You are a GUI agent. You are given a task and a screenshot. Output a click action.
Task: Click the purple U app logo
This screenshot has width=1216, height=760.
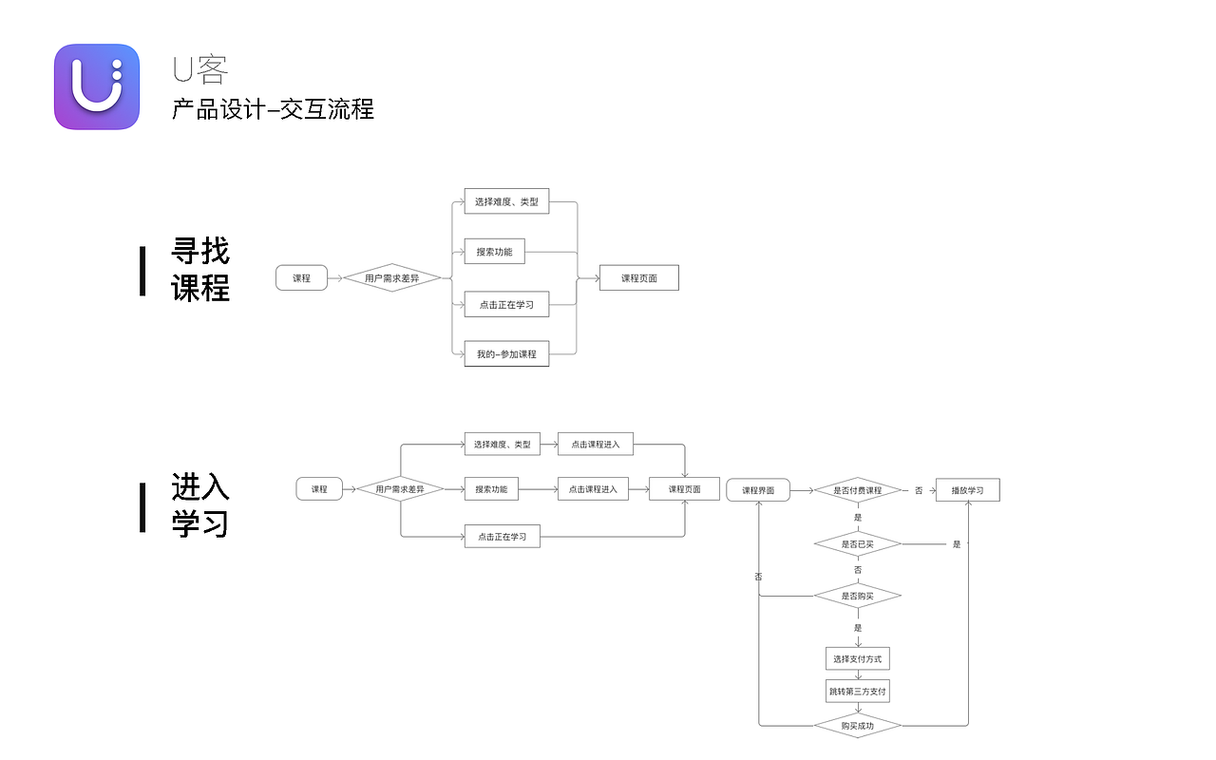tap(97, 86)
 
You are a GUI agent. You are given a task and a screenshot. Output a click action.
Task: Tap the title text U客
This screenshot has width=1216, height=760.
tap(199, 69)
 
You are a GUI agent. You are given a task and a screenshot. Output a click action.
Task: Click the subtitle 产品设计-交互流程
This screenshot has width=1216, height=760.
tap(273, 109)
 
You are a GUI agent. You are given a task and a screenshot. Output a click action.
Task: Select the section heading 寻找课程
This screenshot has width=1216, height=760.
tap(200, 270)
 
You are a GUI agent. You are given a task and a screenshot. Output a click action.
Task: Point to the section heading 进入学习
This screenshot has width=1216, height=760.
tap(200, 505)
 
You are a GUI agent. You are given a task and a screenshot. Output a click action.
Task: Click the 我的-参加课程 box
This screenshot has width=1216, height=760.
tap(506, 353)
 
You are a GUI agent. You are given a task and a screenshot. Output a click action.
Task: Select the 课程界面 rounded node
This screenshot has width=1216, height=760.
tap(758, 490)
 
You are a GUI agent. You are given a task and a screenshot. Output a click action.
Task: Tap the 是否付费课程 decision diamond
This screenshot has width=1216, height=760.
tap(857, 490)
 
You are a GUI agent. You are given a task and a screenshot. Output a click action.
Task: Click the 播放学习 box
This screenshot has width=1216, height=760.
tap(967, 490)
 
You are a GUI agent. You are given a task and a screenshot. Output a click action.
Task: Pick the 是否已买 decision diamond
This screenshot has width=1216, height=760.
tap(857, 544)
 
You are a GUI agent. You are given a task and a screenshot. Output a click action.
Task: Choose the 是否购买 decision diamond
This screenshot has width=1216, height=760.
tap(857, 596)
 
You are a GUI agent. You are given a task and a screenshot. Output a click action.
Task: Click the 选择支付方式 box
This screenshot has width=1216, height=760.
tap(857, 658)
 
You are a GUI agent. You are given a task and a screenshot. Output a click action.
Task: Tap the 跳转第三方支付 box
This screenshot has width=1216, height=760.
tap(857, 692)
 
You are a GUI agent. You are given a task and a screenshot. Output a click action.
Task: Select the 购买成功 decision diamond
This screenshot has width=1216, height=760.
tap(857, 726)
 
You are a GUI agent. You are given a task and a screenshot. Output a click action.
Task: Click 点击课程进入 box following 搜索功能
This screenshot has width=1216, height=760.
tap(593, 489)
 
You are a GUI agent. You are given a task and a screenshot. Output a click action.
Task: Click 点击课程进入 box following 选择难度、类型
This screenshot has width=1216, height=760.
tap(595, 444)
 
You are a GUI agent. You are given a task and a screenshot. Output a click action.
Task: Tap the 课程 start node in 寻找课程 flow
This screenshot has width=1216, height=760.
tap(301, 278)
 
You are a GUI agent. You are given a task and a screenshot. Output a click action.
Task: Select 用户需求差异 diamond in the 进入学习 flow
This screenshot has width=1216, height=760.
tap(399, 489)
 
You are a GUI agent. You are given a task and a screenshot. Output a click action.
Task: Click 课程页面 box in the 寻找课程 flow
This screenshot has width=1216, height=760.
tap(638, 278)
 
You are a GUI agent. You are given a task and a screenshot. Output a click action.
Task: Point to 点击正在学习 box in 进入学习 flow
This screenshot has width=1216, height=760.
tap(502, 537)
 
